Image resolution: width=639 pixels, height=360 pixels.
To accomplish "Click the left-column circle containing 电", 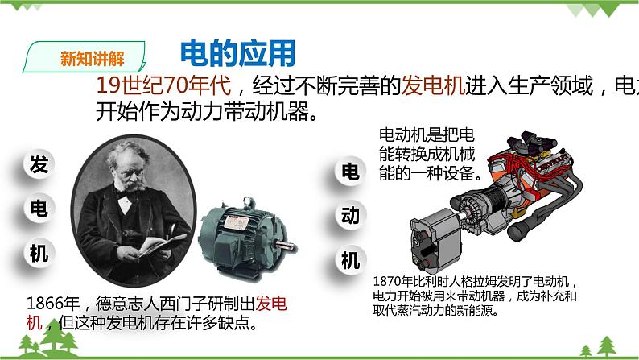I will (39, 209).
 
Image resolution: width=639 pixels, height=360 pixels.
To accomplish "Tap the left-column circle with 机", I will (39, 254).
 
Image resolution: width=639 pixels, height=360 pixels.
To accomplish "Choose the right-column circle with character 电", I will (350, 172).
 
